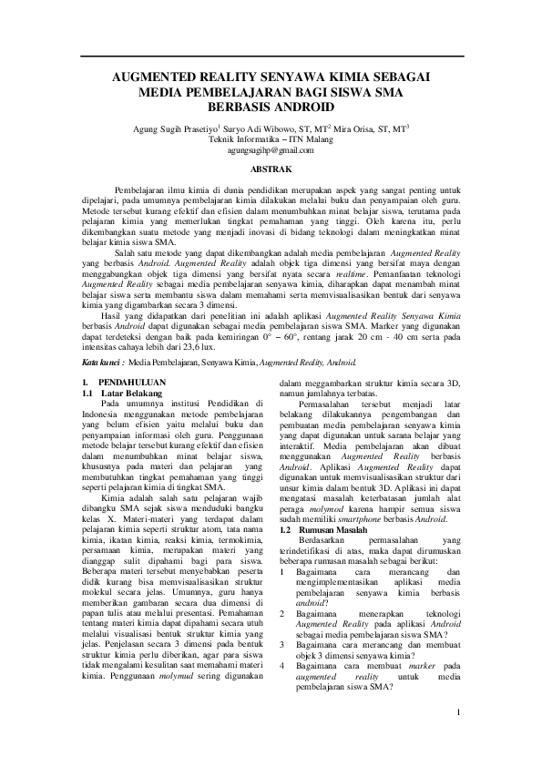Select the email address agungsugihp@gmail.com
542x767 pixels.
tap(271, 149)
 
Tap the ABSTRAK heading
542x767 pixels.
tap(271, 169)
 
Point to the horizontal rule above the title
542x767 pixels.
tap(271, 57)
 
